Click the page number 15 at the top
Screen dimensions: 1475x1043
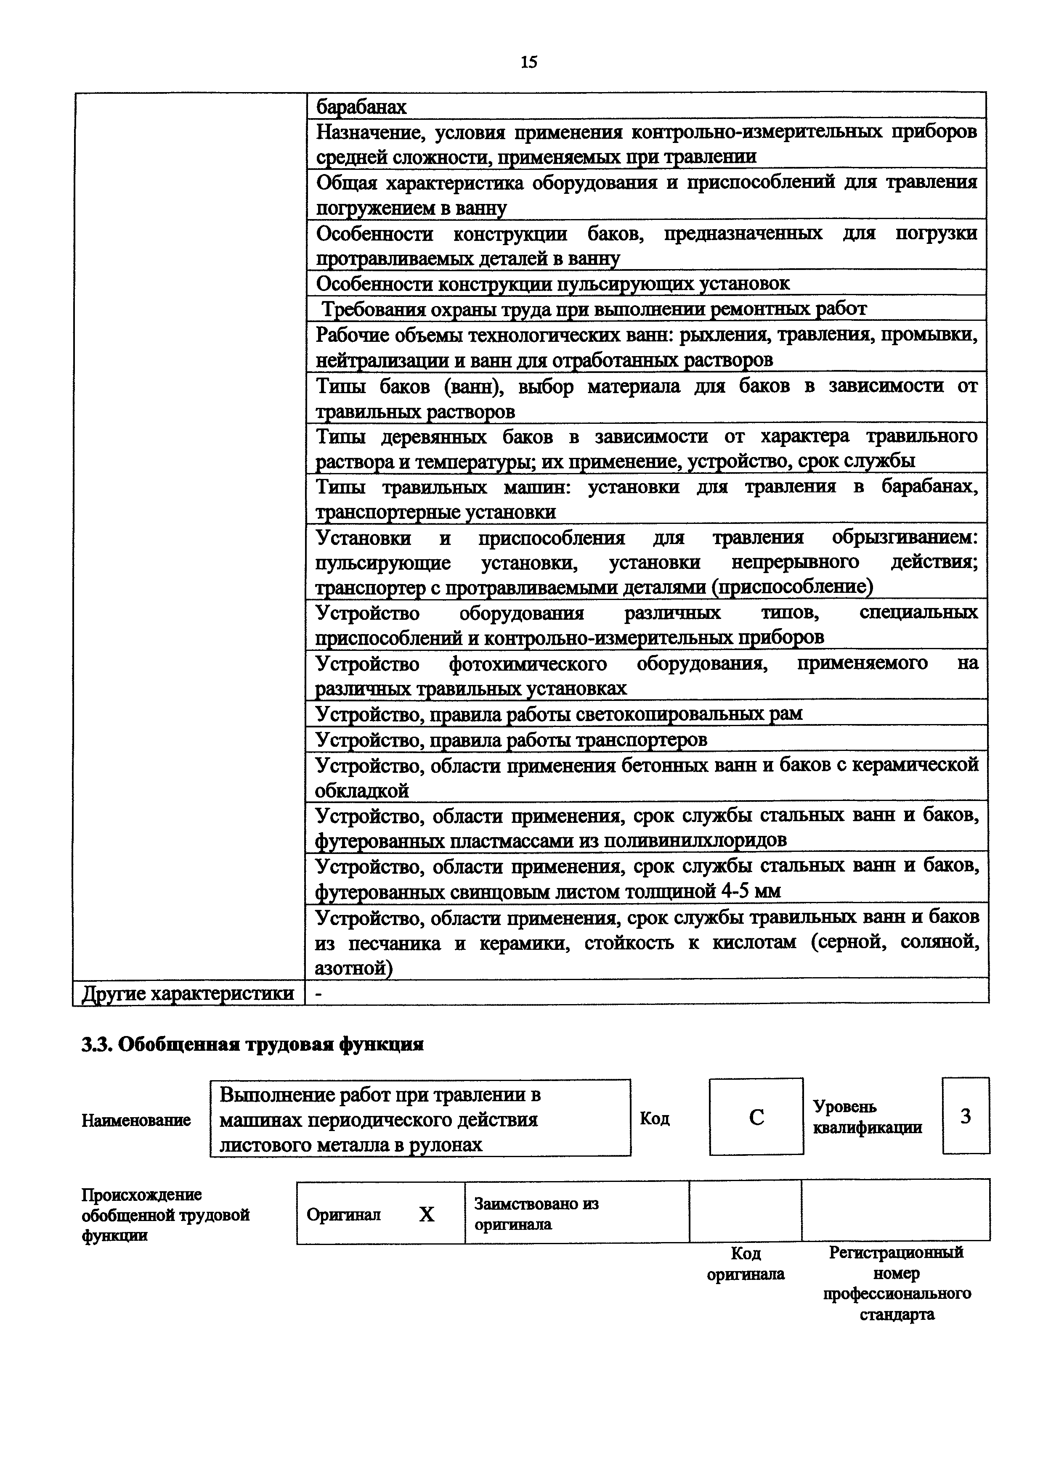(x=528, y=62)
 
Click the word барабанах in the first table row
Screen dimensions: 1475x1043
(x=362, y=107)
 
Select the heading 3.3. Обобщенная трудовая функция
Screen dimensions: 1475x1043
(x=252, y=1044)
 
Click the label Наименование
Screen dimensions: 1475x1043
(x=136, y=1120)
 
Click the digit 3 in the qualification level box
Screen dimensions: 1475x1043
(x=965, y=1116)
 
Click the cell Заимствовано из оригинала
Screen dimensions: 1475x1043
(x=536, y=1213)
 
